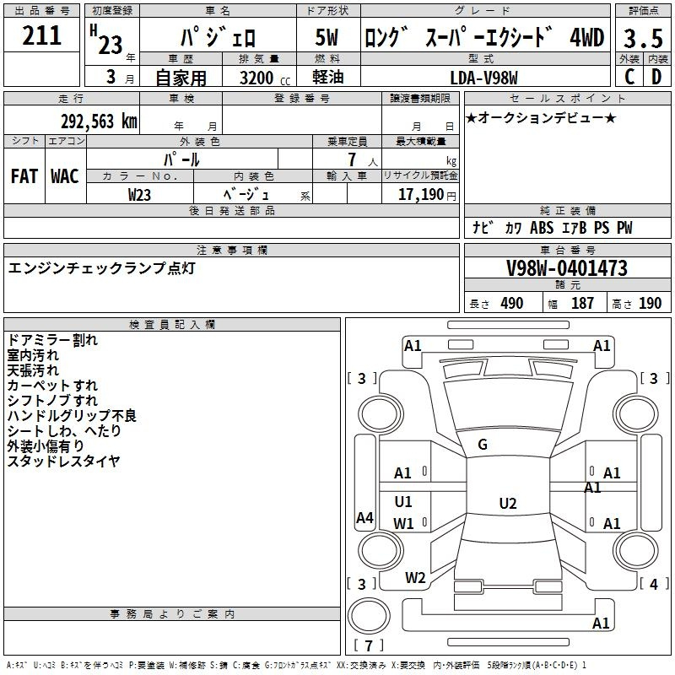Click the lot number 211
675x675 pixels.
[41, 35]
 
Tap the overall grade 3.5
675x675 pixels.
[643, 38]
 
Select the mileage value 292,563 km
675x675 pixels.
[99, 121]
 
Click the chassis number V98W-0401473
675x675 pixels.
[567, 268]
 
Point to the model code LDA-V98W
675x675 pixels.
[483, 78]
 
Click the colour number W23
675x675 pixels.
[139, 195]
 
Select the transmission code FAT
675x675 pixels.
[24, 176]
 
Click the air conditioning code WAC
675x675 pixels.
[65, 176]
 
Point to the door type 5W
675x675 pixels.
[327, 37]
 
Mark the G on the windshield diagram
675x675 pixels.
[483, 445]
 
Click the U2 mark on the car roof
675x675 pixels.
[508, 503]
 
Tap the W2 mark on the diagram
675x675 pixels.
[415, 578]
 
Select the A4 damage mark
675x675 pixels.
[364, 517]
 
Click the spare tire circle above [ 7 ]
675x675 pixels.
[369, 616]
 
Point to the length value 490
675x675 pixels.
[512, 303]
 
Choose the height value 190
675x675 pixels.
[650, 303]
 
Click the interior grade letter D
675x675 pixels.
[656, 77]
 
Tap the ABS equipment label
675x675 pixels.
[542, 227]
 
